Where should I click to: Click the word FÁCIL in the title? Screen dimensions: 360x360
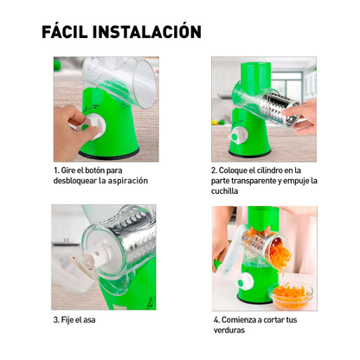point(70,32)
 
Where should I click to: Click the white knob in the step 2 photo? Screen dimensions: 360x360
point(235,137)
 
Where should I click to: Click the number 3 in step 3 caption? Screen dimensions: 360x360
point(55,320)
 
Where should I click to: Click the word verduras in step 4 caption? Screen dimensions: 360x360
point(232,330)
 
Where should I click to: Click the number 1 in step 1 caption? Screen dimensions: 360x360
point(55,170)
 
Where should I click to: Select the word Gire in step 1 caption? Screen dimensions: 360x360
point(68,170)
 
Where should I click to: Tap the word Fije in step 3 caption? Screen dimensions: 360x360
point(68,320)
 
